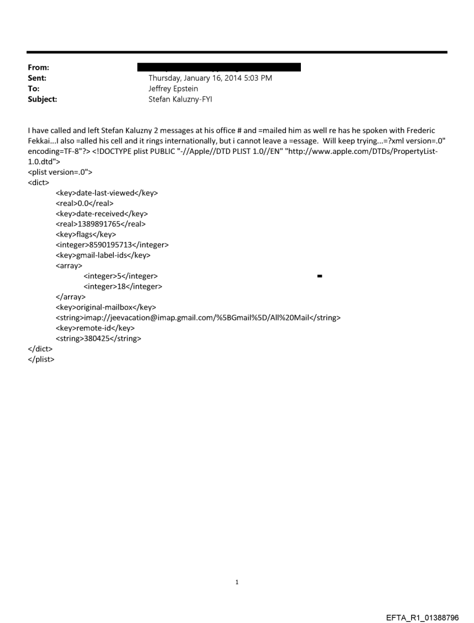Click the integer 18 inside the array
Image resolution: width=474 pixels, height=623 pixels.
(123, 287)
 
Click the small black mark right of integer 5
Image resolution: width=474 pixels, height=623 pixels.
(320, 276)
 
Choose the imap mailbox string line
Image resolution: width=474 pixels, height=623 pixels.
(198, 318)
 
